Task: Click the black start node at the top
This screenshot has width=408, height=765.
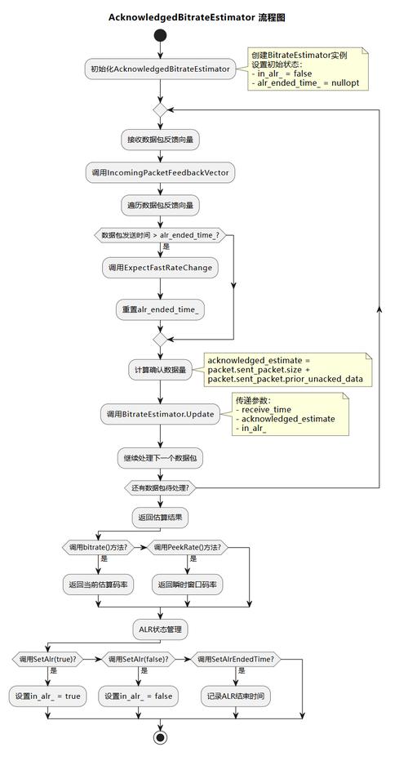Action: click(160, 35)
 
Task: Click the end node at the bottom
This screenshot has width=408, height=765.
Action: click(160, 737)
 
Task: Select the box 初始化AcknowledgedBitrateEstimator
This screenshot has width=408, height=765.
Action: click(160, 69)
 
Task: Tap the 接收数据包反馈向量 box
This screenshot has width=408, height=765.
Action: click(160, 140)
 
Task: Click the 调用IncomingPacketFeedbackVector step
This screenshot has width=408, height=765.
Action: click(160, 172)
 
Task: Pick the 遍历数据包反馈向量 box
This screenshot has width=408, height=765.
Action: click(160, 204)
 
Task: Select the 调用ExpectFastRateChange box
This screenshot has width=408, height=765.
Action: click(160, 268)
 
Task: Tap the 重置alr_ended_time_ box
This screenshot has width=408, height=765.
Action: click(160, 309)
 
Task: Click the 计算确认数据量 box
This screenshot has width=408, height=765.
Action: click(160, 370)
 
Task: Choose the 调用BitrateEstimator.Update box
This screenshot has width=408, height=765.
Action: click(160, 414)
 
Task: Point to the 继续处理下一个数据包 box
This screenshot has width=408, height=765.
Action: click(160, 458)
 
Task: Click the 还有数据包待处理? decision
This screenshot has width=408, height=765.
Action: click(160, 488)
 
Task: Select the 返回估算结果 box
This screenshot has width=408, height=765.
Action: click(160, 517)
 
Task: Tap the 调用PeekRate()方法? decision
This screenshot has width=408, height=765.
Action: click(187, 547)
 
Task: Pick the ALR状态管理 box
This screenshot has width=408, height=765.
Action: click(160, 629)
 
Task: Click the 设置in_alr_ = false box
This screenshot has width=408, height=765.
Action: click(138, 696)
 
